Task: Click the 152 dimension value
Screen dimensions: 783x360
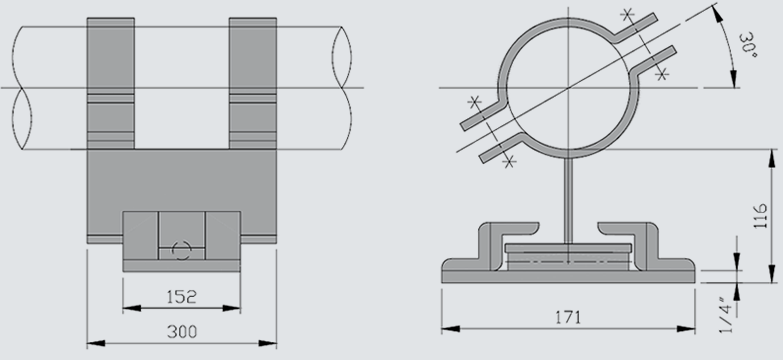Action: pos(181,297)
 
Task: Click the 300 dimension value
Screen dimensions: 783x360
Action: pos(182,332)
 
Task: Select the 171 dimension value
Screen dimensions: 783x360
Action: pos(568,317)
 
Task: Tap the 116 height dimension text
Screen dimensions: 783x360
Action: pos(760,216)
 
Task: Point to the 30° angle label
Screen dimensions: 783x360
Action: pos(748,45)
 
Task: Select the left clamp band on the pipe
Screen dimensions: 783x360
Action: pos(111,83)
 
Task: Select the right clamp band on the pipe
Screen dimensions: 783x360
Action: pos(253,83)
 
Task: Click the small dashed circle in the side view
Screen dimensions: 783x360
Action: pos(181,250)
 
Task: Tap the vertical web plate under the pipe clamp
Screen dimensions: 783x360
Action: pos(568,201)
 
